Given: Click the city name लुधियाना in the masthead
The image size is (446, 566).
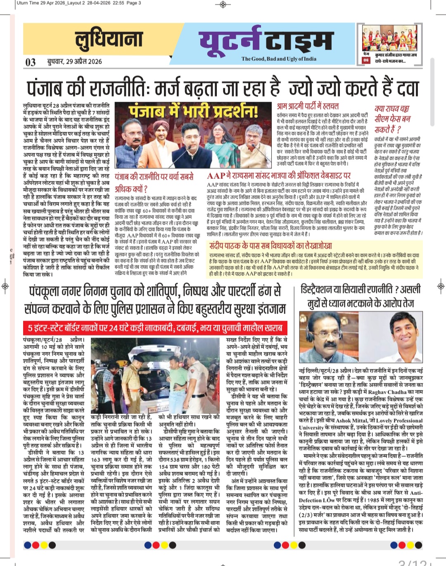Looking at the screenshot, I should [x=109, y=40].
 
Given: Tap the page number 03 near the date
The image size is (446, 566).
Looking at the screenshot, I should [x=31, y=62].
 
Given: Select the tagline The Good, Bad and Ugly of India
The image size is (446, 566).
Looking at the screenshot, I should [x=279, y=59].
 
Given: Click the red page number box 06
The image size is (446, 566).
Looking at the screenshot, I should [x=366, y=60].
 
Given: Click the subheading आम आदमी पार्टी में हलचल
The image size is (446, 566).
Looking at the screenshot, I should [x=308, y=106].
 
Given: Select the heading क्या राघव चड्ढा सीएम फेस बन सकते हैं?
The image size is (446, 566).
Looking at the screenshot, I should [x=392, y=119].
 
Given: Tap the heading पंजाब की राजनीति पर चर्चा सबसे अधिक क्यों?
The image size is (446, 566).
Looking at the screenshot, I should [x=154, y=183].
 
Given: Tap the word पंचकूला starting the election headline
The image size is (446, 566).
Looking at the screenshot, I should [x=48, y=291].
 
